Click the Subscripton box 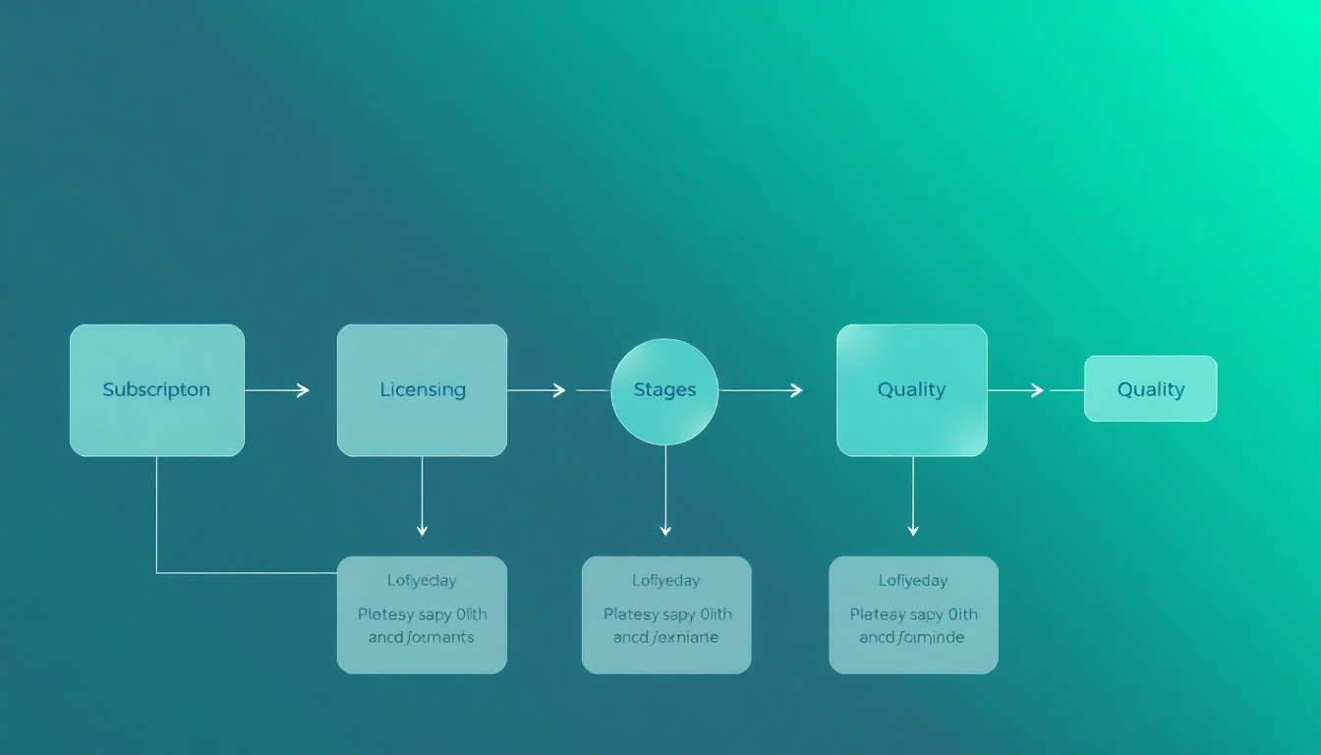[x=156, y=390]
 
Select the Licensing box [x=422, y=390]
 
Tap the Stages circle [x=664, y=390]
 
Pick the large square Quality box [x=911, y=390]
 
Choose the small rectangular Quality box [x=1150, y=389]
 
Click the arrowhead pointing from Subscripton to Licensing [x=303, y=390]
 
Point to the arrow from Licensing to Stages [x=537, y=390]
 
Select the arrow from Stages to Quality [x=761, y=390]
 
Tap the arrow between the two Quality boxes [x=1016, y=390]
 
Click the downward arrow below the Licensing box [x=422, y=497]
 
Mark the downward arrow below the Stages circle [x=665, y=492]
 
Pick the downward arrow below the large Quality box [x=913, y=497]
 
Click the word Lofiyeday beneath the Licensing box [x=422, y=581]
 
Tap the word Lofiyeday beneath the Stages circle [x=666, y=581]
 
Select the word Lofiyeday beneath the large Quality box [x=913, y=581]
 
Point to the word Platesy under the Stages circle [x=631, y=615]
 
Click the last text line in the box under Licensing [x=422, y=638]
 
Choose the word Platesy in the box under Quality [x=878, y=615]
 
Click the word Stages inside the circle [x=664, y=390]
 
